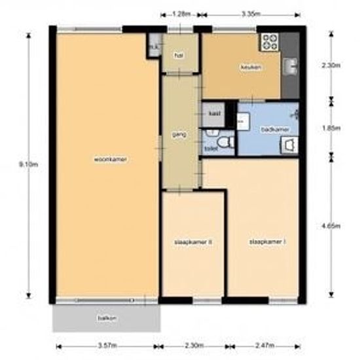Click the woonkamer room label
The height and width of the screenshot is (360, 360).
(109, 159)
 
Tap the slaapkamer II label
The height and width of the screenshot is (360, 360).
(194, 242)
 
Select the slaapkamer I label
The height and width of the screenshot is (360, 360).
(266, 242)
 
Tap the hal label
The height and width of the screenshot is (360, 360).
(177, 56)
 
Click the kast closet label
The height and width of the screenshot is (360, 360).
(213, 113)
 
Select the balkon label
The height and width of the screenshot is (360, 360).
(107, 318)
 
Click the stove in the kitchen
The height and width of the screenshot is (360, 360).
(270, 42)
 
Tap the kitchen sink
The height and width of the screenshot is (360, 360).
(289, 65)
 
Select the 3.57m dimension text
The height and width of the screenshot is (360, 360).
(107, 344)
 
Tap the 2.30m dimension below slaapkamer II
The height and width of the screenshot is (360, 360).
(194, 344)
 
